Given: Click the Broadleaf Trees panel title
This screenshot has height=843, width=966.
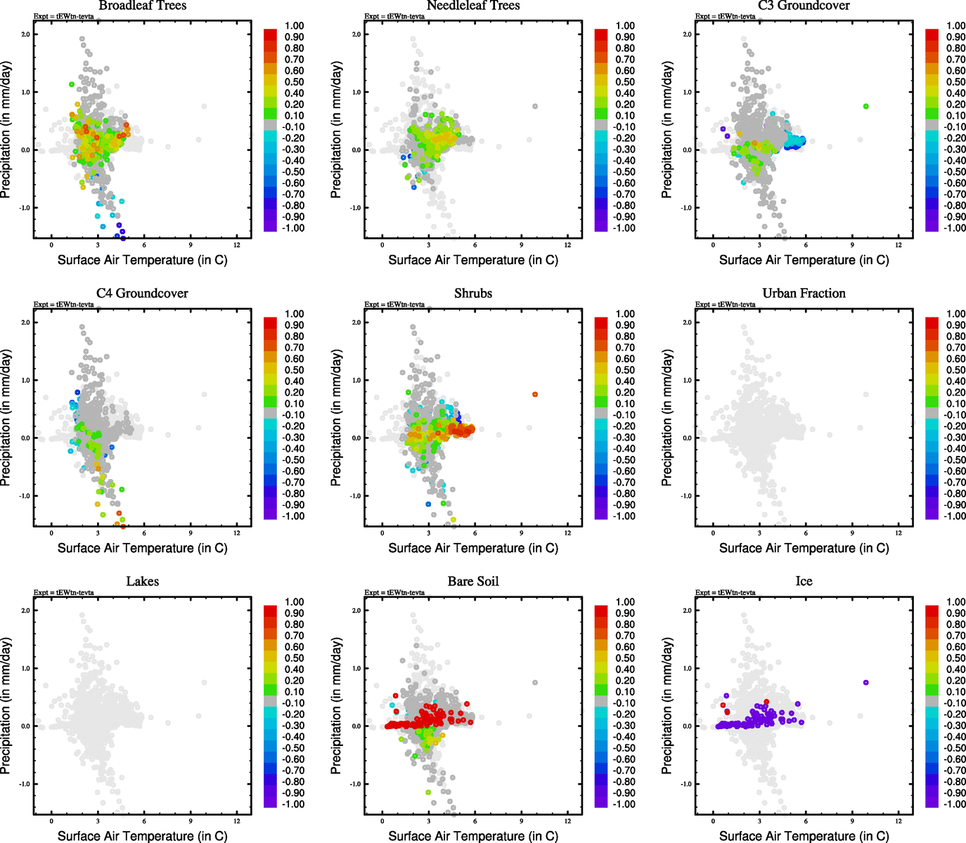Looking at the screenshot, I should [x=142, y=6].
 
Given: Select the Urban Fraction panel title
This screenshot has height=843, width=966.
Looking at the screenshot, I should [x=804, y=294].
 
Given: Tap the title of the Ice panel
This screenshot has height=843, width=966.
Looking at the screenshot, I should [x=804, y=582].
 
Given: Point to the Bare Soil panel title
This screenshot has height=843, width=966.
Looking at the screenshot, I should [x=473, y=582].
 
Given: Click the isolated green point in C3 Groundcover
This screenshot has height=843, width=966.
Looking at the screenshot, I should [x=865, y=106].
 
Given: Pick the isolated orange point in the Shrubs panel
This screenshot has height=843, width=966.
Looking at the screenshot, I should [x=535, y=395].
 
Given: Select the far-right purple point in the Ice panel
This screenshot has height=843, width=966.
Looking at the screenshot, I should [x=865, y=682].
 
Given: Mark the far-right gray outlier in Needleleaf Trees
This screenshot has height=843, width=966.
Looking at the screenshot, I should [x=535, y=106].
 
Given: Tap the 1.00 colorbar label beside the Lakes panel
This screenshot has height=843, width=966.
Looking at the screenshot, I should [x=294, y=602].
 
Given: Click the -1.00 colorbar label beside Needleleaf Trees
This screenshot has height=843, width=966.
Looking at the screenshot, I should [x=624, y=228].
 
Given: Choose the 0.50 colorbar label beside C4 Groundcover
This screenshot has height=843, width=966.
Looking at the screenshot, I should [x=294, y=370].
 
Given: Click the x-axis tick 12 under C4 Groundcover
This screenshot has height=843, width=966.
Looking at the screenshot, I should [x=237, y=533].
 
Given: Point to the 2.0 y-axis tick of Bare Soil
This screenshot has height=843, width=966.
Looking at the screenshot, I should [x=356, y=610].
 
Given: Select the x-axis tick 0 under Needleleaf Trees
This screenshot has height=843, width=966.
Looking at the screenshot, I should [x=382, y=245].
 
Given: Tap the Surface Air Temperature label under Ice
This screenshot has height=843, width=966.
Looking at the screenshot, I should [x=804, y=836].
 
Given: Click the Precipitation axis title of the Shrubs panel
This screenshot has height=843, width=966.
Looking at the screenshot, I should [x=336, y=418].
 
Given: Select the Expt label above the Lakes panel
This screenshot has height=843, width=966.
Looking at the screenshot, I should [x=63, y=592].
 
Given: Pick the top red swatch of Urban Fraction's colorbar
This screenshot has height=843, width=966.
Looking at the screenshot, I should [x=932, y=322].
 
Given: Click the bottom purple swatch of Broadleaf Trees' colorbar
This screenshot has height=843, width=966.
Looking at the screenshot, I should [x=270, y=226].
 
